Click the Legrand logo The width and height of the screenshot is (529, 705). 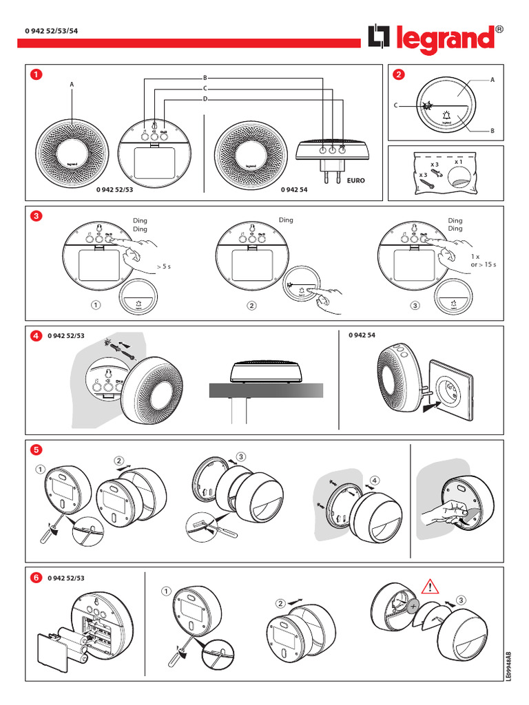coord(435,39)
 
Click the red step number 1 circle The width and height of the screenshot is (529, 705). coord(36,74)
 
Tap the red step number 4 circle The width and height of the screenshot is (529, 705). coord(36,336)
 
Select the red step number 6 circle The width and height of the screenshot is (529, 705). coord(36,578)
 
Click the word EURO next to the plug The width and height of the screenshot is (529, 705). coord(356,180)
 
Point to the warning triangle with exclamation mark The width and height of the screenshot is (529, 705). coord(430,587)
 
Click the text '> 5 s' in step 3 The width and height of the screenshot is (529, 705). coord(164,266)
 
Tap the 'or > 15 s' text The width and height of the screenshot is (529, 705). coord(484,264)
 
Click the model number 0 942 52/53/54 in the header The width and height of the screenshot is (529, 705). coord(51,31)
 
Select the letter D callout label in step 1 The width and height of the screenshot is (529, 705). coord(205,99)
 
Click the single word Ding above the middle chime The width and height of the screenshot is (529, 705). coord(286,220)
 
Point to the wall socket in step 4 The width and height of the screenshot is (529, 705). coord(450,390)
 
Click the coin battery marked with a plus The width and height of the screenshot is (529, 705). coord(413,606)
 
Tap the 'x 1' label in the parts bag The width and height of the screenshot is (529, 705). coord(458,162)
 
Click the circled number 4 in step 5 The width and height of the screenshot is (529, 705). coord(375,480)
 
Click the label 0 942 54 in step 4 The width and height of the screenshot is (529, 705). coord(362,335)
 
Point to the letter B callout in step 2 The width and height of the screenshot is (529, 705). coord(492,131)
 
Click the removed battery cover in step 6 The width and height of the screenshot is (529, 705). coord(52,653)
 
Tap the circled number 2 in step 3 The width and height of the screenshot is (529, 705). coord(252,306)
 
